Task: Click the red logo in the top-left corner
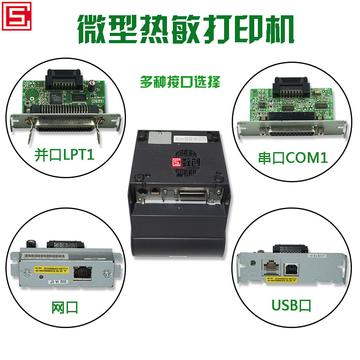click(16, 16)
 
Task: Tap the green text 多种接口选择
click(180, 82)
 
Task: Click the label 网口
click(65, 307)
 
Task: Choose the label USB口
click(292, 306)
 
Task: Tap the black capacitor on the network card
click(32, 243)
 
